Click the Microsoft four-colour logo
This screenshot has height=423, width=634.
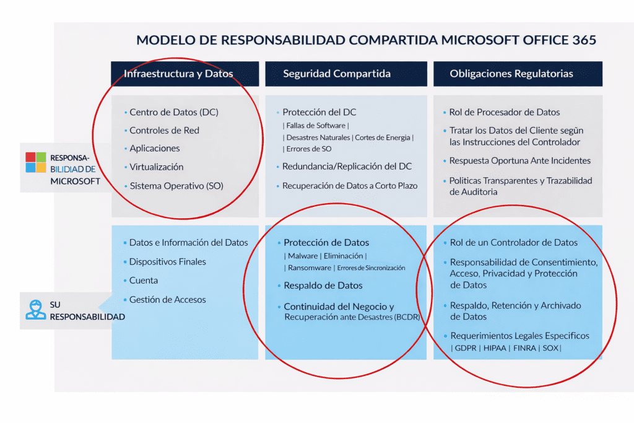point(36,162)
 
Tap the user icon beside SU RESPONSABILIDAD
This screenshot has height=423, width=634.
point(36,309)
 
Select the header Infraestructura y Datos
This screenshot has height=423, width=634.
point(178,74)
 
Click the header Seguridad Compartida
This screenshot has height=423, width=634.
point(337,74)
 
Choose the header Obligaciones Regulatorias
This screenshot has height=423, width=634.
point(511,74)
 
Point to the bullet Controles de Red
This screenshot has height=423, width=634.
point(164,131)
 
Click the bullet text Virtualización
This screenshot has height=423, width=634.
point(156,167)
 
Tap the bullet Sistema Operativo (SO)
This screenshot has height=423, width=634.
point(176,186)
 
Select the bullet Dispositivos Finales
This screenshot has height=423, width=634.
point(167,262)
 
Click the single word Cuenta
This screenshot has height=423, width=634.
point(144,281)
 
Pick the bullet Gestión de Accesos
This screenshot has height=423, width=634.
point(167,300)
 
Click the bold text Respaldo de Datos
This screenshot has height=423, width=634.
point(323,286)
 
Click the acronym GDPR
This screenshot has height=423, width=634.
point(465,348)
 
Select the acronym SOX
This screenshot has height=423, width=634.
point(549,348)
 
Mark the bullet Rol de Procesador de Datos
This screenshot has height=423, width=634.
point(505,113)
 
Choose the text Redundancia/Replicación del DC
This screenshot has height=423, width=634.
point(347,167)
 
